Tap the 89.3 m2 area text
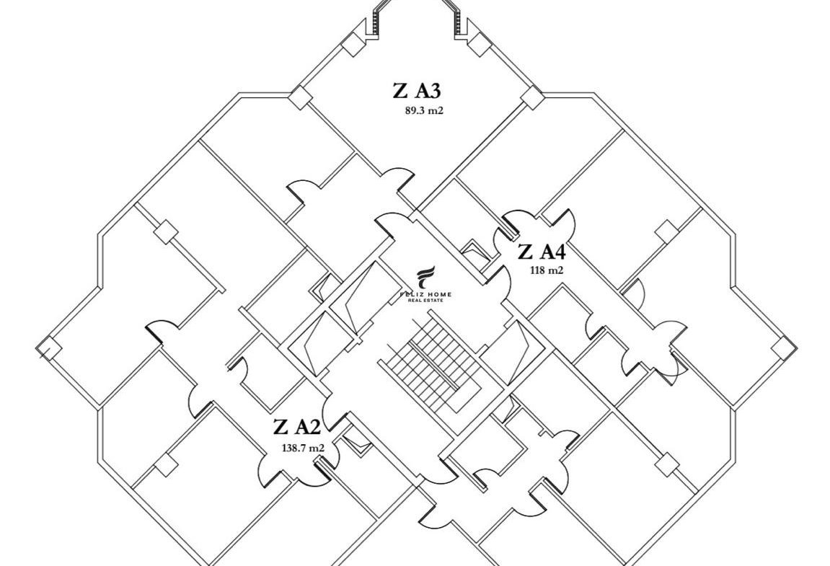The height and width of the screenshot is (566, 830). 428,111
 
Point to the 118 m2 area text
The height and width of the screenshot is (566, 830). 545,270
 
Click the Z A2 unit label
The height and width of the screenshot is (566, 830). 296,427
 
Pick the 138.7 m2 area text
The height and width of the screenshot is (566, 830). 303,448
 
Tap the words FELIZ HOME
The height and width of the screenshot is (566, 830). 427,294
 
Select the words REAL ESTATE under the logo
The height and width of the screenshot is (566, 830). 427,301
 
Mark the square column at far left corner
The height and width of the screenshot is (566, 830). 45,348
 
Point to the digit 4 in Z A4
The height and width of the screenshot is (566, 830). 557,252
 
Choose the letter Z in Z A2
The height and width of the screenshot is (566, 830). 281,427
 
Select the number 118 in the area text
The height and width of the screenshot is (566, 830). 538,270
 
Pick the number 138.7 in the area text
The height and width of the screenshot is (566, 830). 293,448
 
